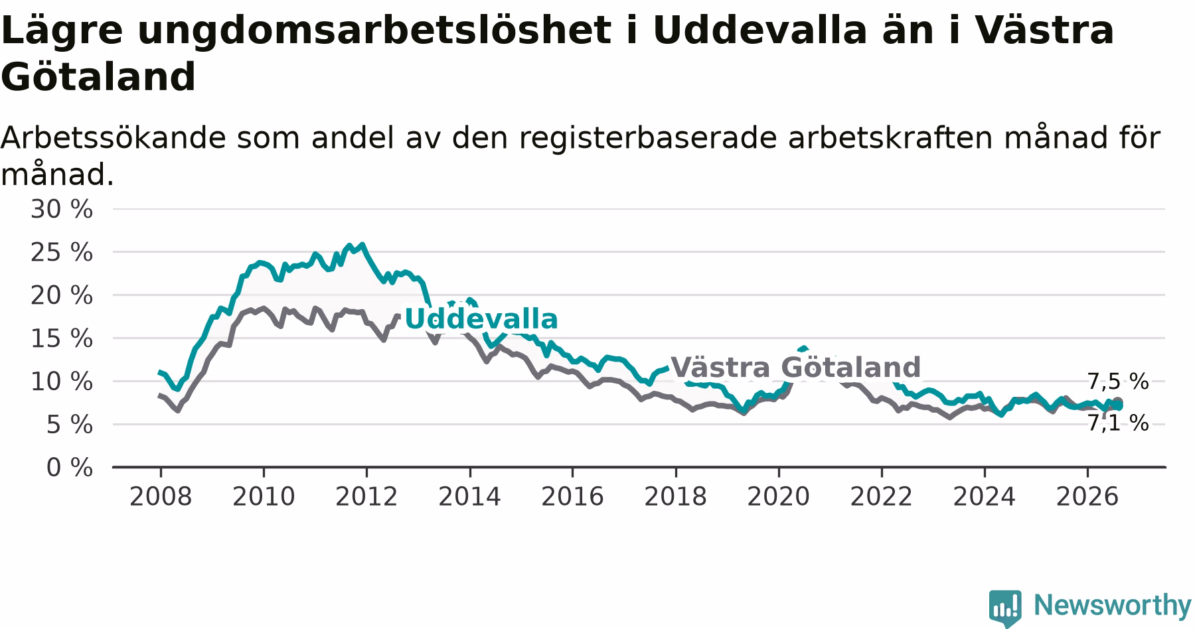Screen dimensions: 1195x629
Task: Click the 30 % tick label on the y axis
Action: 62,210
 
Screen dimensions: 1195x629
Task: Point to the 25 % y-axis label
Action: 62,253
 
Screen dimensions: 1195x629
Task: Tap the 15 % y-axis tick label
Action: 62,339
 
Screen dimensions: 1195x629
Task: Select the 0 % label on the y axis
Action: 70,468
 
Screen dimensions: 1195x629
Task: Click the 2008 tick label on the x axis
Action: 161,497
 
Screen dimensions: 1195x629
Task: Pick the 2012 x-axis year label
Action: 366,497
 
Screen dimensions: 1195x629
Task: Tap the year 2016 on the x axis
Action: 572,497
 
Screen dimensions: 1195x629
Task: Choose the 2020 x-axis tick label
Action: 779,497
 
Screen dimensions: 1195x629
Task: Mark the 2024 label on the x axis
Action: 985,497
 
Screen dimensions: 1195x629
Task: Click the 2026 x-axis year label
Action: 1087,497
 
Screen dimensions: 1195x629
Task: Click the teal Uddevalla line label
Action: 481,319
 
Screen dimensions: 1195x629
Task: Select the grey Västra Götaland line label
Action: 796,367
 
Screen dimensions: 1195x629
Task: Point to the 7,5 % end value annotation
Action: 1118,382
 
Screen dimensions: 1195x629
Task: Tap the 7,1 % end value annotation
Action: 1118,423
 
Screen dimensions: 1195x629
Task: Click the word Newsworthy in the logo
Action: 1113,605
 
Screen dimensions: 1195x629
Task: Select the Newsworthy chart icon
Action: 1006,608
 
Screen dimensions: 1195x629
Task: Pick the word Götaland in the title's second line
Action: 98,77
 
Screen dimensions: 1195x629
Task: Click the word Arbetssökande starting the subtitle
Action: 114,138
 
